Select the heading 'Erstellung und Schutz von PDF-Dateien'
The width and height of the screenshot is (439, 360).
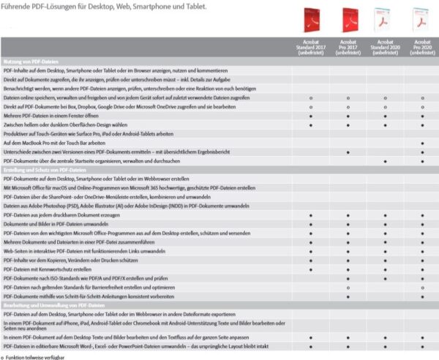[43, 170]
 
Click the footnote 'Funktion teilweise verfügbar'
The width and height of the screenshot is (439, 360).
[33, 358]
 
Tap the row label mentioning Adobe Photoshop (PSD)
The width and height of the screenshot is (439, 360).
[110, 206]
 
